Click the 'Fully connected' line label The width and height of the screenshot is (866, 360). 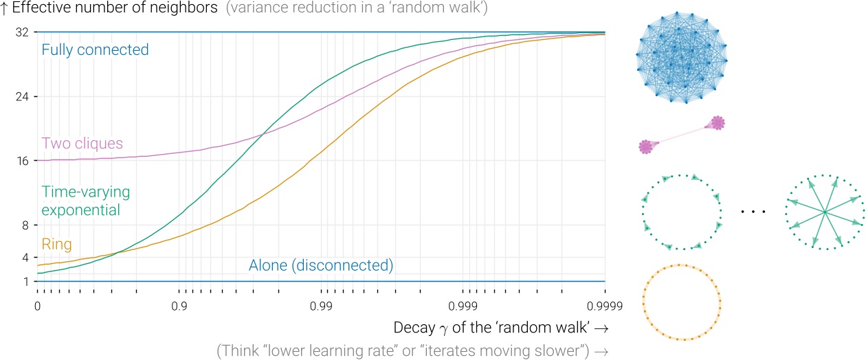point(95,50)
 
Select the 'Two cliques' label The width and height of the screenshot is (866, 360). point(82,144)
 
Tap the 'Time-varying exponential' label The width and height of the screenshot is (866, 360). point(86,201)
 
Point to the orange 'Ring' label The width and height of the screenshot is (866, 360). point(57,244)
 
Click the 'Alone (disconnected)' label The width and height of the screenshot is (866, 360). point(321,265)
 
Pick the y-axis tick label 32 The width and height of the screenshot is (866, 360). point(22,32)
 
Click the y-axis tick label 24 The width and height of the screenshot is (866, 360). point(22,96)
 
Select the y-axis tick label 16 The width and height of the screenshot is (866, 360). point(23,161)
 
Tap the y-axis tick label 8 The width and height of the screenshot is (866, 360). point(25,225)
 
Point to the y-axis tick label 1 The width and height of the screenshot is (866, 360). point(26,282)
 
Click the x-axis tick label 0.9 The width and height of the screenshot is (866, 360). point(179,306)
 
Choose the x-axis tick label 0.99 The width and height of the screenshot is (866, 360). point(321,306)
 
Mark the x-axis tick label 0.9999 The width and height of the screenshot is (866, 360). point(605,306)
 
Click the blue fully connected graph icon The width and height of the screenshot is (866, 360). point(682,57)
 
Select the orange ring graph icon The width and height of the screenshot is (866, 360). point(682,302)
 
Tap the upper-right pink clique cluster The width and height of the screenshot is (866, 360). point(718,123)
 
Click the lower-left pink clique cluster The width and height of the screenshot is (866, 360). point(645,147)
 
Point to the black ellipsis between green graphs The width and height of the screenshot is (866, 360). point(753,212)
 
